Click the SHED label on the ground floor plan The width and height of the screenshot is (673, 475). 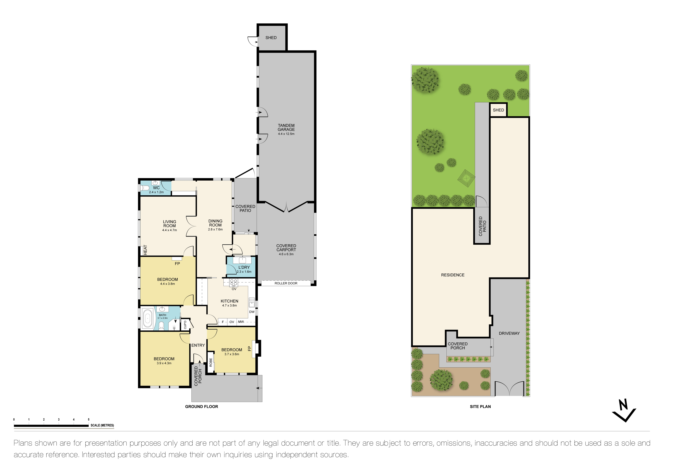pos(271,38)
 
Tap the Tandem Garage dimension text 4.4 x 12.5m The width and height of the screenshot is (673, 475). pos(286,134)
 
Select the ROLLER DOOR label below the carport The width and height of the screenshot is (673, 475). pos(286,283)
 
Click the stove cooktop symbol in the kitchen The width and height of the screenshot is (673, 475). pos(234,282)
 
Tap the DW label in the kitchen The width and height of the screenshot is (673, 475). pos(252,312)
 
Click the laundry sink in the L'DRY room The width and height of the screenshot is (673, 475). pos(243,260)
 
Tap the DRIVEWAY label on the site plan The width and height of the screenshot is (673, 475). pos(509,333)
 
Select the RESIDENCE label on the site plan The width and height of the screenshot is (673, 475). pos(453,275)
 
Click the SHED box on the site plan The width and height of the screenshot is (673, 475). pos(498,110)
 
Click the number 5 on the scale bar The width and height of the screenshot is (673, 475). pos(89,419)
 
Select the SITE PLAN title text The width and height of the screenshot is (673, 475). pos(480,407)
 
